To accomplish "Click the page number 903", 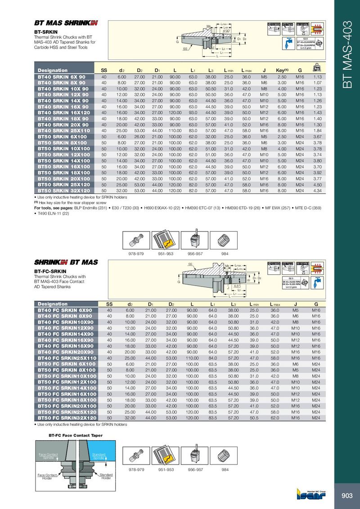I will click(x=346, y=496).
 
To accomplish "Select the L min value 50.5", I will click(x=254, y=418).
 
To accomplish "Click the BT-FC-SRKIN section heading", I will click(x=50, y=272).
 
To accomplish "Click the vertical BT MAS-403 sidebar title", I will click(x=346, y=54).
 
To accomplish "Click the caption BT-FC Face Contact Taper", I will click(x=75, y=436).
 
